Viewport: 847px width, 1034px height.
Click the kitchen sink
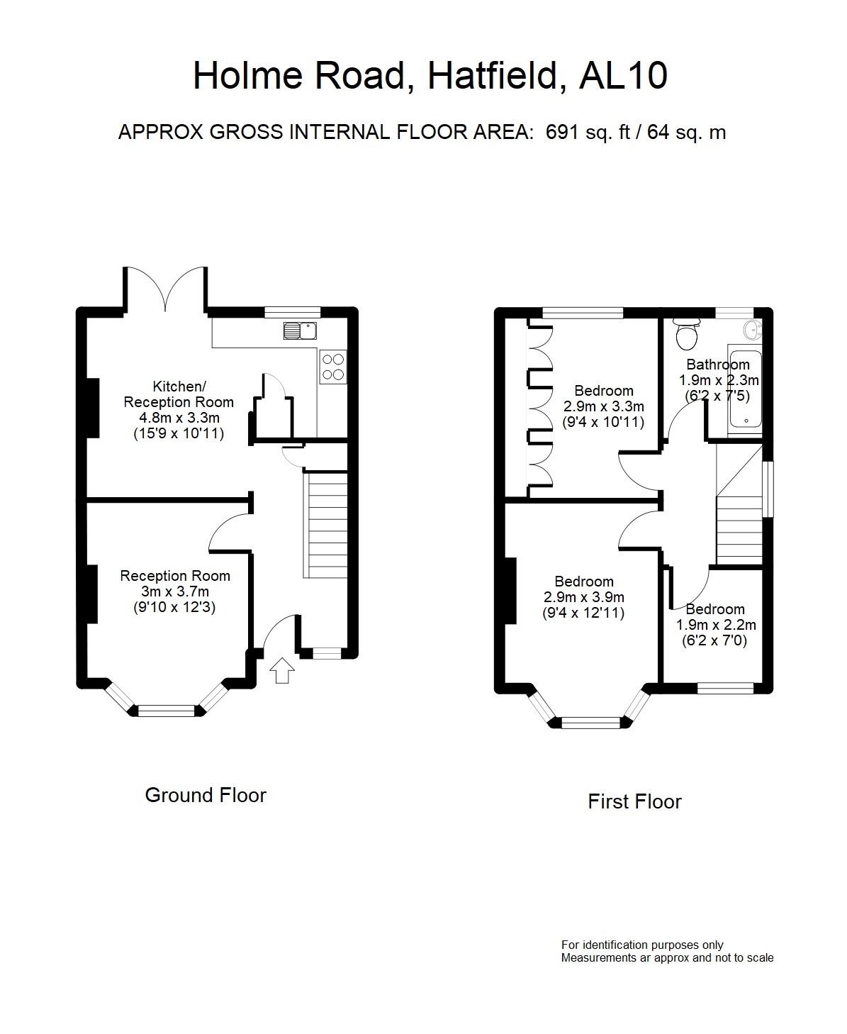(x=300, y=330)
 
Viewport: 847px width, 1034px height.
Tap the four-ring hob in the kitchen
(x=333, y=367)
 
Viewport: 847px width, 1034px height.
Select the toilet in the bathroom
(x=686, y=334)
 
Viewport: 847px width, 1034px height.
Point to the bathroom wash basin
(x=753, y=330)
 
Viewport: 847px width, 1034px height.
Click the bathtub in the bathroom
(x=745, y=389)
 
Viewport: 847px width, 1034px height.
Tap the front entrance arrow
(x=282, y=670)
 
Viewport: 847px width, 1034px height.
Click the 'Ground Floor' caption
(x=206, y=795)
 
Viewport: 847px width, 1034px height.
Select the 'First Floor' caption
(x=634, y=801)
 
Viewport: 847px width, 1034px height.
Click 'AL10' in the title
(x=623, y=75)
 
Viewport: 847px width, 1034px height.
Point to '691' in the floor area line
(x=562, y=132)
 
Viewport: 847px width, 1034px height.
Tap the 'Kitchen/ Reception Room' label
(x=179, y=394)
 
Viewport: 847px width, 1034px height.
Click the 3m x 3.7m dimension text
(x=175, y=591)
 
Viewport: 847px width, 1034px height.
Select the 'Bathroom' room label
(x=718, y=365)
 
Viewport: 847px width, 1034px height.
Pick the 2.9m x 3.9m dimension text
(x=584, y=597)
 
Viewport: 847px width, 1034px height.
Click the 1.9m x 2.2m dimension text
(x=716, y=625)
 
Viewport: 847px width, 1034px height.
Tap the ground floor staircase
(x=325, y=525)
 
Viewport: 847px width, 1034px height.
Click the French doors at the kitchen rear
(x=165, y=289)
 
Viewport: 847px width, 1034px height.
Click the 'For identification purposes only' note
(x=642, y=945)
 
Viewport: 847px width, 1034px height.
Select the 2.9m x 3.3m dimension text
(x=603, y=406)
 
